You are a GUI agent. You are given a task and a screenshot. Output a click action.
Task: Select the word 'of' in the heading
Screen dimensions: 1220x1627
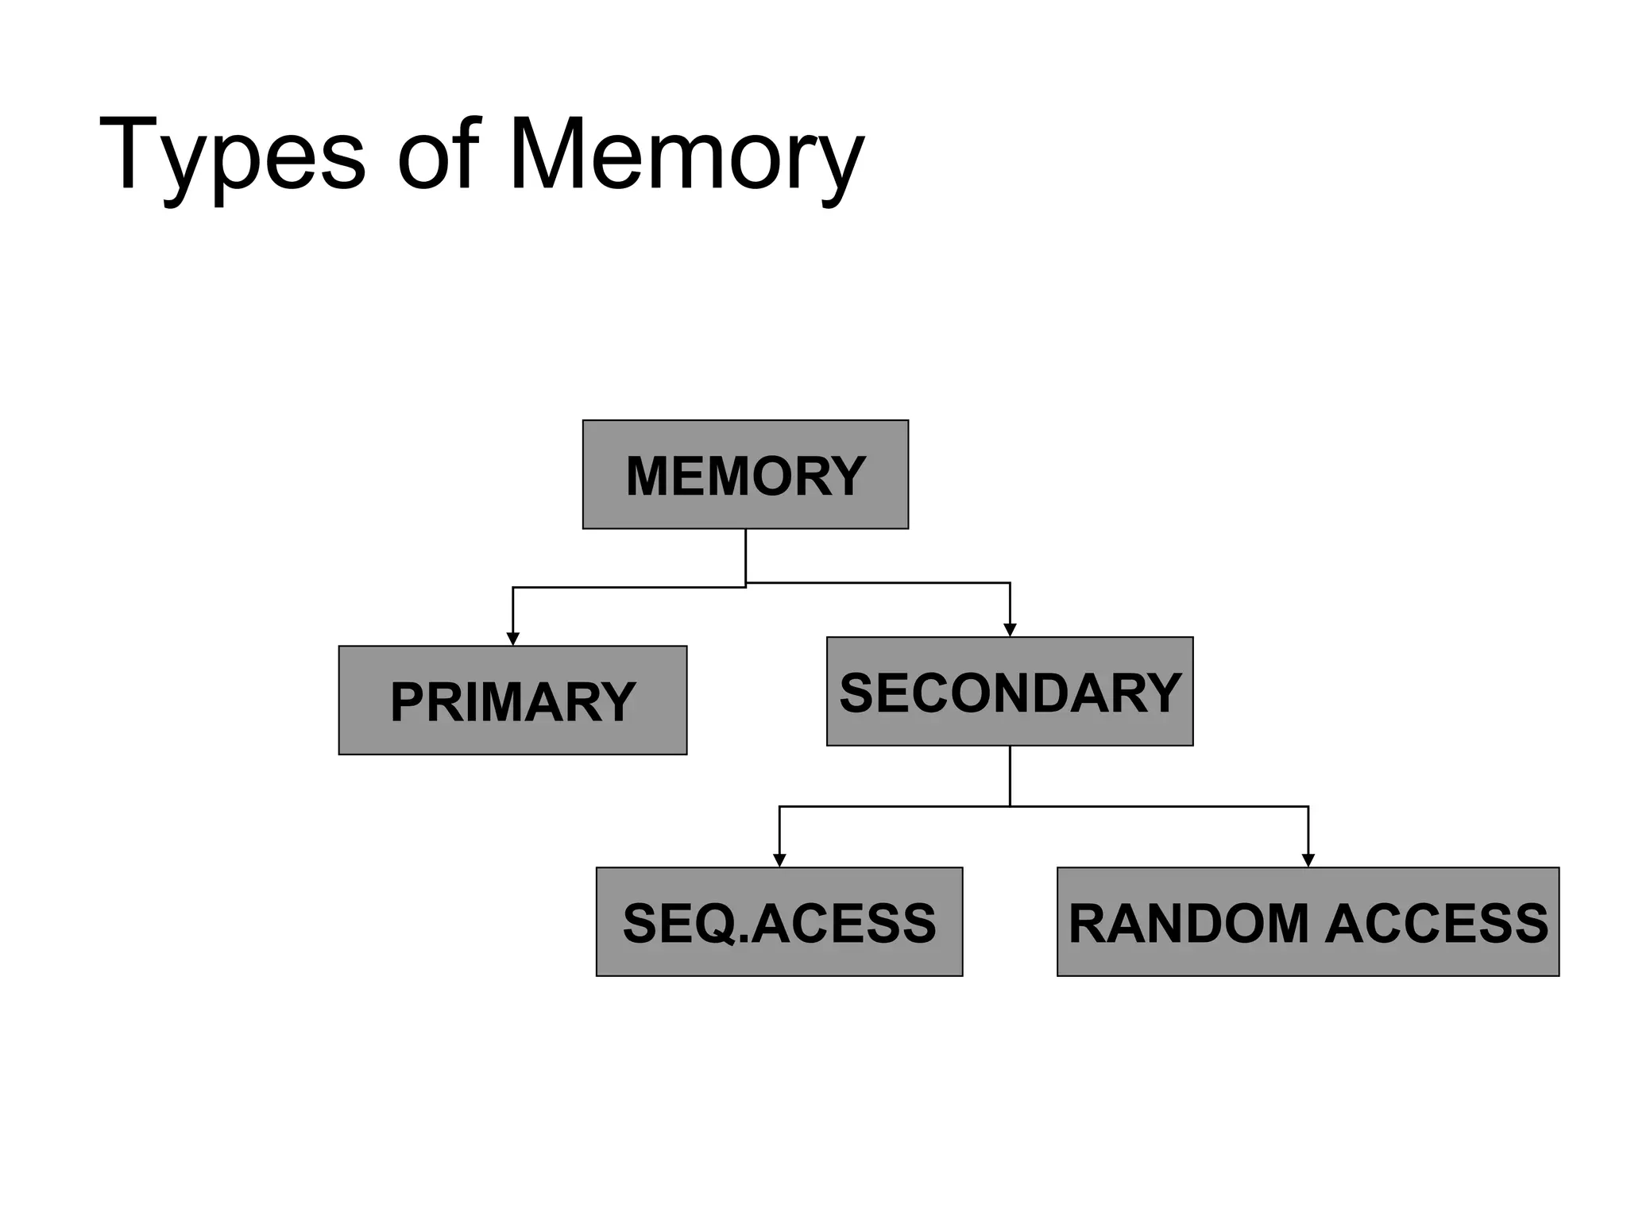pos(439,155)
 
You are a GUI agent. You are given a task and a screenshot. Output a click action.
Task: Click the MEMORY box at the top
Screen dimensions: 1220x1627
pos(745,475)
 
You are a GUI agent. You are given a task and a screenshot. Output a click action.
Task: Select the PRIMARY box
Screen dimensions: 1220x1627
pos(512,701)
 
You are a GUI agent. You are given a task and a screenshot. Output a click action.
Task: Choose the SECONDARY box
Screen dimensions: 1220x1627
pos(1010,692)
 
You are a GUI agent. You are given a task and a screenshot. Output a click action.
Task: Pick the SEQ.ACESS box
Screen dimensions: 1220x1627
pos(779,922)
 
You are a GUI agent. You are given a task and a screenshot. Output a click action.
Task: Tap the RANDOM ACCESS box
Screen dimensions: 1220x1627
pos(1308,922)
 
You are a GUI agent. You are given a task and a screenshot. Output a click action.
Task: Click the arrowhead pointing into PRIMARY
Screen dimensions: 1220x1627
pos(513,639)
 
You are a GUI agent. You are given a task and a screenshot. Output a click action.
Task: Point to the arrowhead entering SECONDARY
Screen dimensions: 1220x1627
pos(1010,631)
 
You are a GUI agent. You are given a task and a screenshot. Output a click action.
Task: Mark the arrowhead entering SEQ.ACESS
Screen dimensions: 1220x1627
pos(779,860)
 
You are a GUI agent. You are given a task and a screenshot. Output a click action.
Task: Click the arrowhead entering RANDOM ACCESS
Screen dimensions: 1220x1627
pos(1308,860)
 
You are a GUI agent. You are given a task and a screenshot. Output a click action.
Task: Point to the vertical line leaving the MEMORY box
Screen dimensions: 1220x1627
pos(745,556)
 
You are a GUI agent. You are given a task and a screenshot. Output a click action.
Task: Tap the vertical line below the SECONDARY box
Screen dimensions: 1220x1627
pos(1010,776)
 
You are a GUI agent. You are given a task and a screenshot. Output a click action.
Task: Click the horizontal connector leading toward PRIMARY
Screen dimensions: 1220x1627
pos(628,588)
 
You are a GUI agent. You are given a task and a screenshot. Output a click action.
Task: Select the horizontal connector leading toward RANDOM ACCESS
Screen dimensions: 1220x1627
pos(1160,806)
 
